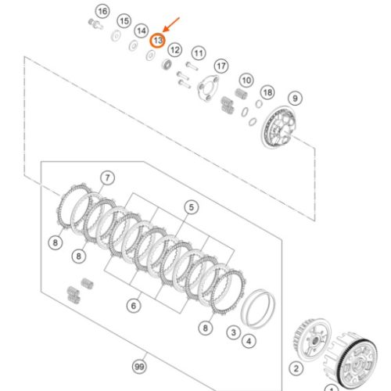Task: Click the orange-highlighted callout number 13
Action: coord(158,41)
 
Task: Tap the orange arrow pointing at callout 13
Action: coord(171,25)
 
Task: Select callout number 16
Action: coord(102,11)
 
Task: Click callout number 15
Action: coord(124,21)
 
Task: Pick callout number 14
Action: coord(142,30)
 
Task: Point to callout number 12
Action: coord(175,50)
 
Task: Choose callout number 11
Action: coord(199,53)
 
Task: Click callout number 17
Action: coord(221,66)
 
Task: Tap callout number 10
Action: coord(246,81)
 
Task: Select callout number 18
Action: coord(267,92)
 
